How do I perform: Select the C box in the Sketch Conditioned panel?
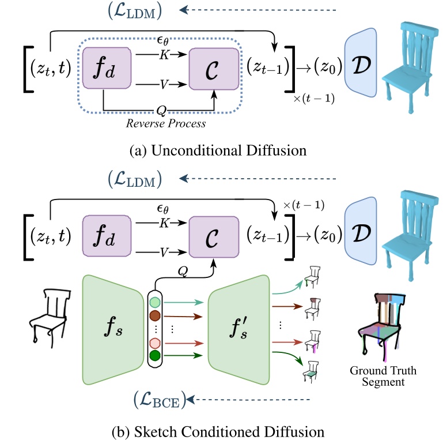(x=213, y=235)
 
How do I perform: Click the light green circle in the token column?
(x=155, y=302)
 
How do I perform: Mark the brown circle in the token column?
(x=155, y=316)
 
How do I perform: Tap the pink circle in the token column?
(x=155, y=344)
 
